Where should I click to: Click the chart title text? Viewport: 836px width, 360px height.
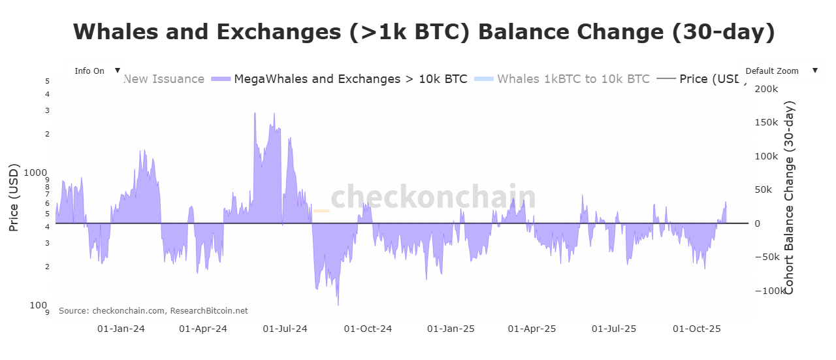(424, 32)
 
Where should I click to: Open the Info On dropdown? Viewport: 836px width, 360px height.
(95, 71)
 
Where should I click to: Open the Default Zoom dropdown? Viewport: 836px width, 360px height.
(779, 71)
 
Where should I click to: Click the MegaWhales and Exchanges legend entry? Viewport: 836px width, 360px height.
(350, 79)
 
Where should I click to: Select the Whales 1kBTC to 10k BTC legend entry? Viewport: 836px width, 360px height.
(573, 79)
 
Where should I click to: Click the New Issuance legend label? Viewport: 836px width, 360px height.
(163, 79)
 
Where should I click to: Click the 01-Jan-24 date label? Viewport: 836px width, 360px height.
(121, 329)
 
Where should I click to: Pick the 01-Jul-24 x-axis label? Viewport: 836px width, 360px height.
(285, 329)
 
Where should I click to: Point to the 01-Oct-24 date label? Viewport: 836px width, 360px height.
(368, 329)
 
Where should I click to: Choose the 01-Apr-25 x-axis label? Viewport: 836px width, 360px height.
(532, 329)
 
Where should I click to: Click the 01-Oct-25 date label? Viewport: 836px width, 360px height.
(697, 329)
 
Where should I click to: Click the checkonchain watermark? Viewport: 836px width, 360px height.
(433, 197)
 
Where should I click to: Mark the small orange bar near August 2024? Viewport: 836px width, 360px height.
(321, 210)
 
